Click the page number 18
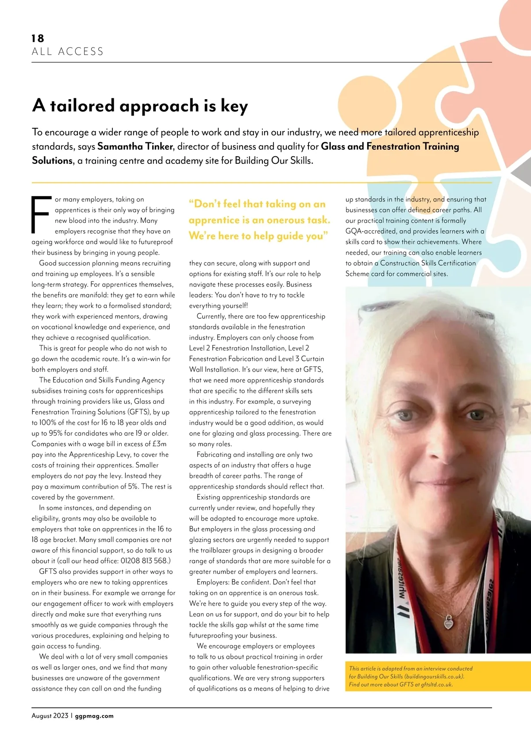[x=38, y=39]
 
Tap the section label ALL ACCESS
[x=67, y=52]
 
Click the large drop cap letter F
[x=40, y=215]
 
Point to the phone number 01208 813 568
[x=143, y=561]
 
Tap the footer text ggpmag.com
[x=94, y=716]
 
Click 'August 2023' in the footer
[x=50, y=716]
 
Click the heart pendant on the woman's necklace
[x=448, y=623]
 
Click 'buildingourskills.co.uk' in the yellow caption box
[x=434, y=676]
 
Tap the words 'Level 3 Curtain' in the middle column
[x=300, y=359]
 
